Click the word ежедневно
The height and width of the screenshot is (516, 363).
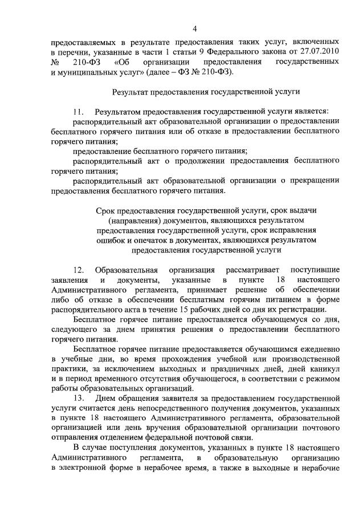point(322,352)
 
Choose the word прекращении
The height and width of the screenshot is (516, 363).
point(317,180)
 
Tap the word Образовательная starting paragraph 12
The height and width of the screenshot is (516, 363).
point(126,269)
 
